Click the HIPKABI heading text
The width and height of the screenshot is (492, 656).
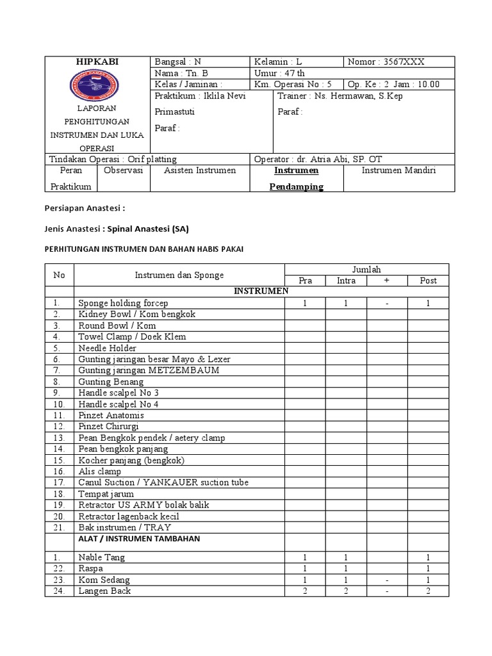coord(97,61)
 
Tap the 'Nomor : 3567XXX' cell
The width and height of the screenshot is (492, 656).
coord(386,62)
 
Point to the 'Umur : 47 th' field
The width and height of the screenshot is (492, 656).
coord(280,74)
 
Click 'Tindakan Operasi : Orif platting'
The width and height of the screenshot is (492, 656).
coord(113,159)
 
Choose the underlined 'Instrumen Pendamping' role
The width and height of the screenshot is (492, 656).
coord(296,179)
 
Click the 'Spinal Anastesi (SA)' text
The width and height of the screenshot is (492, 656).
coord(149,229)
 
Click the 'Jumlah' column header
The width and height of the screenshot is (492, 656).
coord(366,270)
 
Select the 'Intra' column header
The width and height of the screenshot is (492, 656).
coord(346,281)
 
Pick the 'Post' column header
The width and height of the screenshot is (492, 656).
coord(428,281)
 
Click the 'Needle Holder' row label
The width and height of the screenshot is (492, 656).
coord(107,348)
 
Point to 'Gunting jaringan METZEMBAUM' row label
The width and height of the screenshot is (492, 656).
coord(149,370)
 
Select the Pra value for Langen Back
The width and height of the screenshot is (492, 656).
coord(305,591)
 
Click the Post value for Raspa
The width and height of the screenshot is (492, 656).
coord(428,568)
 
